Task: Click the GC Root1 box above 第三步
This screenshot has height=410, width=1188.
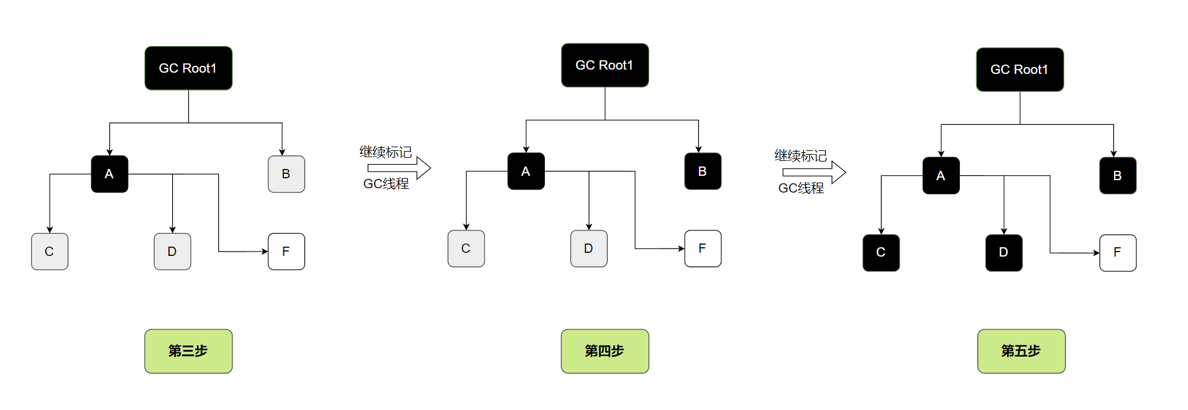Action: tap(188, 68)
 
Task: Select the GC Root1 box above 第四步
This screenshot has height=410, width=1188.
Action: tap(605, 65)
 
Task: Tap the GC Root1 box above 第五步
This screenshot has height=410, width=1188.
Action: tap(1020, 70)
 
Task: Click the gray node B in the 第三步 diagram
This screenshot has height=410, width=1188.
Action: tap(286, 174)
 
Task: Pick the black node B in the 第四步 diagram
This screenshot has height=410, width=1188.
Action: tap(702, 171)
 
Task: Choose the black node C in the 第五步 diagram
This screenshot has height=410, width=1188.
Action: tap(880, 253)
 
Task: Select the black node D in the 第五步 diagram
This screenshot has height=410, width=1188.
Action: tap(1003, 253)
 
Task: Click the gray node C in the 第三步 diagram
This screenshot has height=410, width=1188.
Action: tap(50, 252)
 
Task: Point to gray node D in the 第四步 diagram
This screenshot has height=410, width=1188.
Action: tap(588, 248)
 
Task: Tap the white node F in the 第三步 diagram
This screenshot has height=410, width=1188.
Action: tap(286, 252)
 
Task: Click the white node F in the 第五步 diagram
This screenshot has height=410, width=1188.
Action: tap(1117, 253)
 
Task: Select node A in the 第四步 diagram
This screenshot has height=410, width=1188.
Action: tap(526, 171)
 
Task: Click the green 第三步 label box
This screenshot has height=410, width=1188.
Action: tap(188, 351)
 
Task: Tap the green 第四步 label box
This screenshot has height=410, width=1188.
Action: tap(605, 351)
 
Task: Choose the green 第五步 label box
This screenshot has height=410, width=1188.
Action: tap(1021, 351)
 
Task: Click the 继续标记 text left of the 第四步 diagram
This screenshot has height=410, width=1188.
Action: tap(385, 152)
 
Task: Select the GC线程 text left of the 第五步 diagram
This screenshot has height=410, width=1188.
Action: tap(801, 188)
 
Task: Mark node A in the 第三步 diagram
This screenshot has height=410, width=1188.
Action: tap(109, 174)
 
